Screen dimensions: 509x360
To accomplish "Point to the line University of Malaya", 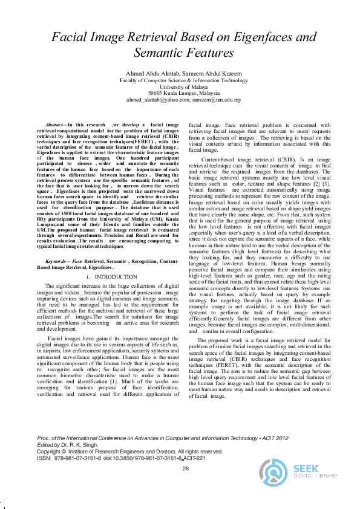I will coord(180,86).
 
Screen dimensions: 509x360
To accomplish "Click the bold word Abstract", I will coord(57,123).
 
